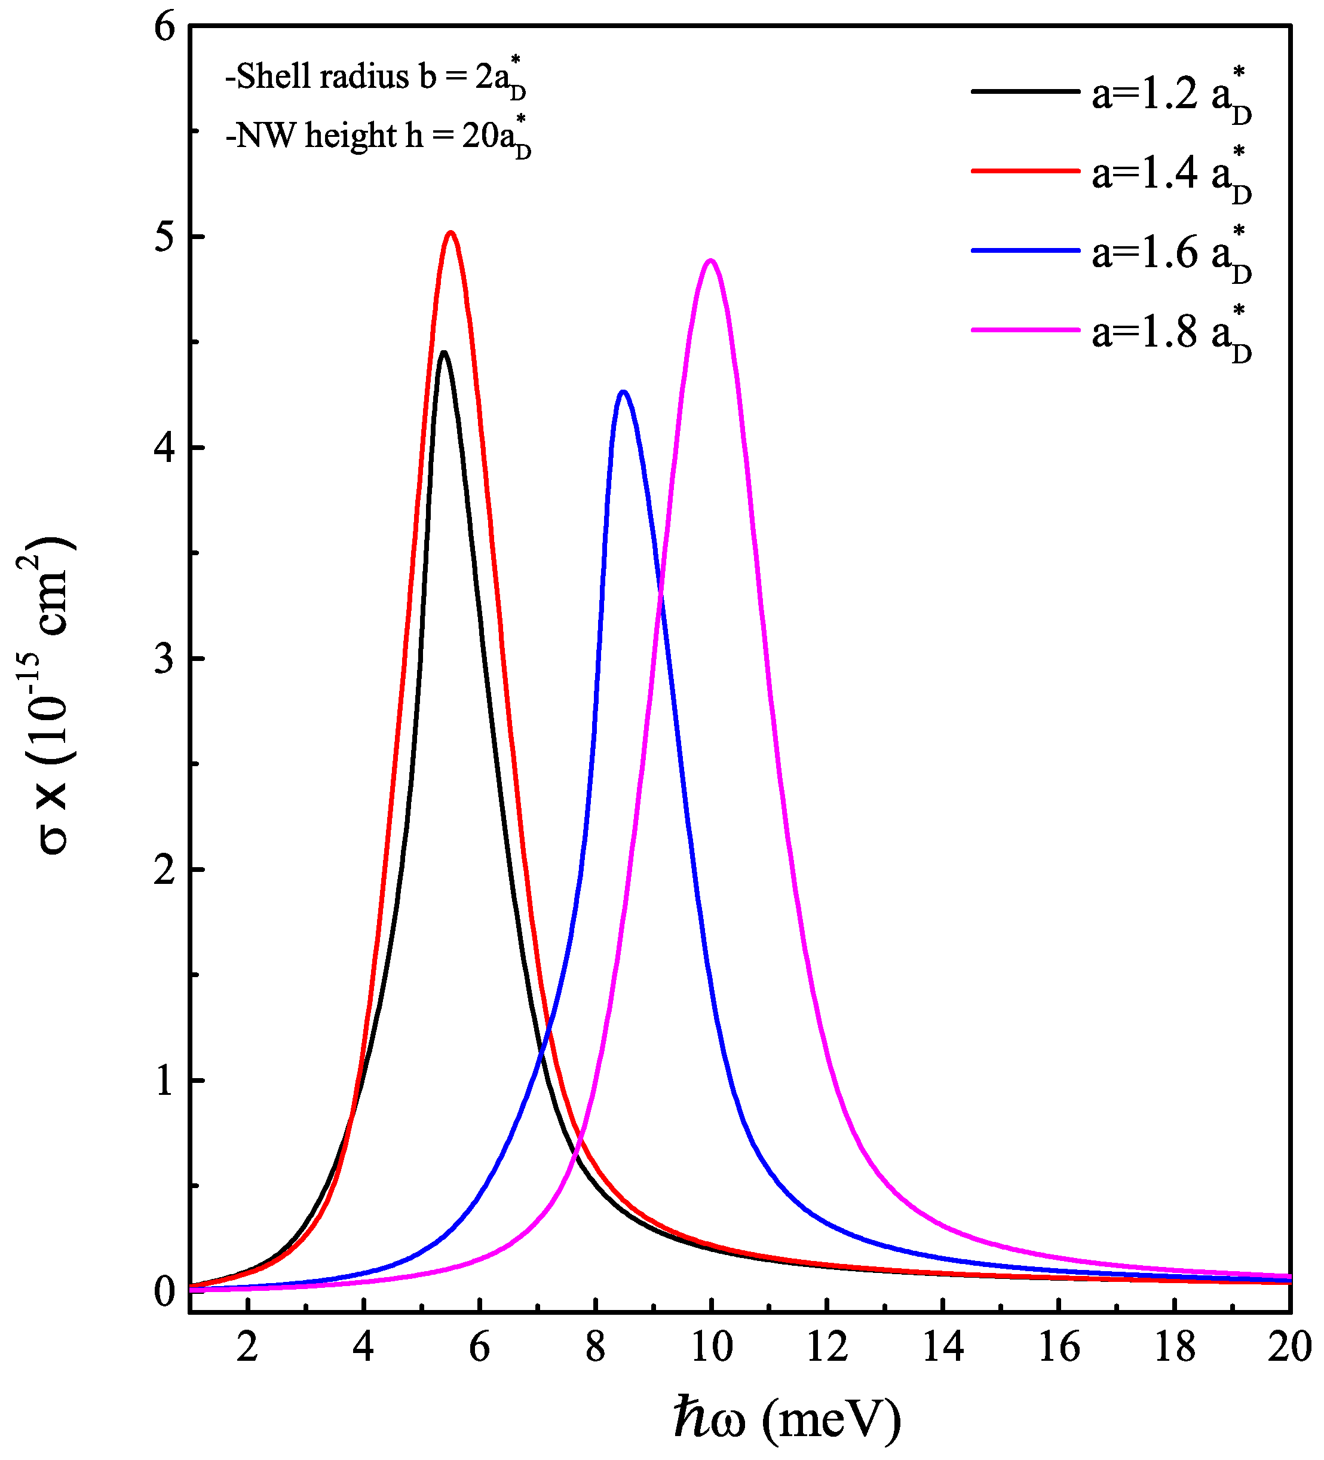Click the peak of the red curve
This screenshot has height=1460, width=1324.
click(x=451, y=233)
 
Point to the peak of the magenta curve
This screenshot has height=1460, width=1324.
click(x=710, y=261)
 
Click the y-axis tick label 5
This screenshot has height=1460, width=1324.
click(x=165, y=237)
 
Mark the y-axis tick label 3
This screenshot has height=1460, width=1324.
click(x=165, y=659)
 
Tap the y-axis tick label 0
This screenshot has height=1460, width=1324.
click(x=165, y=1292)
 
